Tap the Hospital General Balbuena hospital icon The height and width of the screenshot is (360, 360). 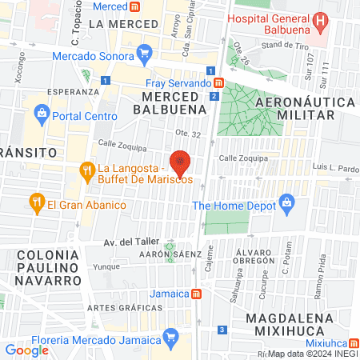click(x=320, y=21)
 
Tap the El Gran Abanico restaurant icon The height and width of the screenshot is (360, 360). click(x=35, y=205)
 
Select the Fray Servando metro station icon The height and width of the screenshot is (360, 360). click(x=218, y=82)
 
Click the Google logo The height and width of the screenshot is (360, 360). click(x=26, y=350)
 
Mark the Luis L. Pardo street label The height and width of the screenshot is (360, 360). click(x=336, y=169)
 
